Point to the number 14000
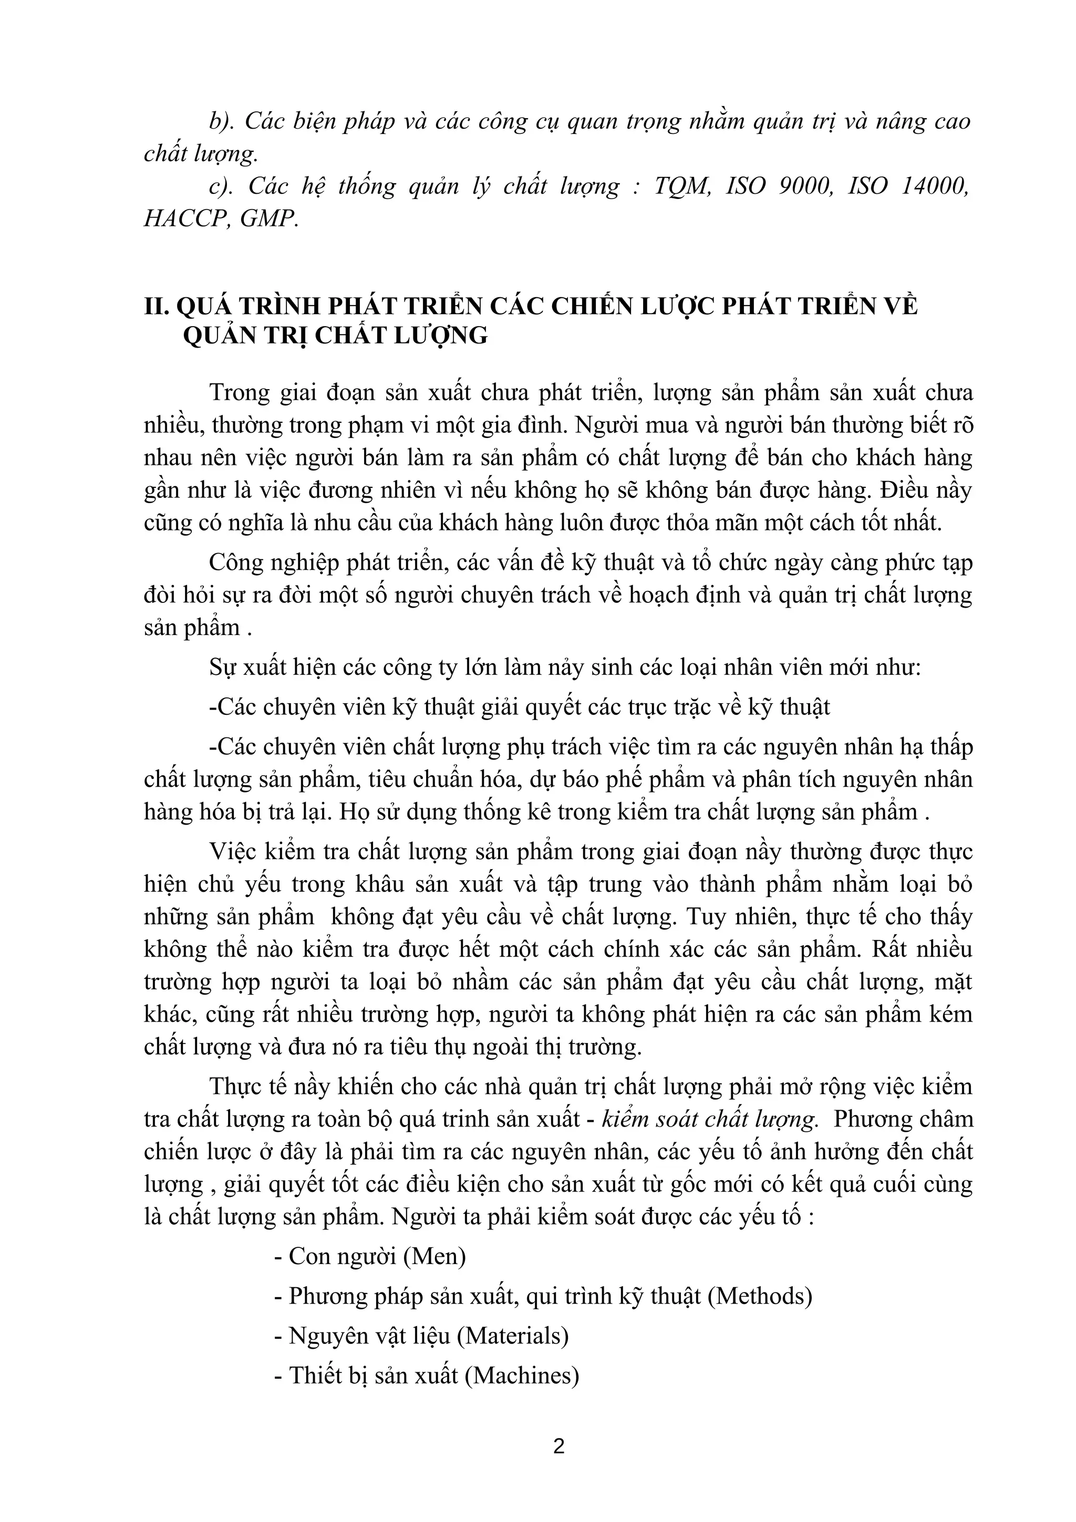point(935,187)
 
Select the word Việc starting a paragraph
point(234,852)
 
